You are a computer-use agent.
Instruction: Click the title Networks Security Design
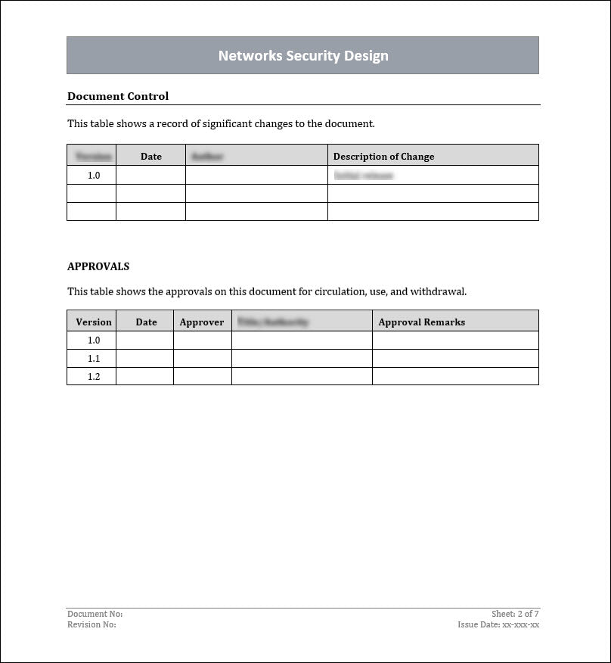tap(303, 56)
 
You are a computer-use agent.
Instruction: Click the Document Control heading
tap(118, 96)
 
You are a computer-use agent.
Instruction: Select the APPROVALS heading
tap(98, 266)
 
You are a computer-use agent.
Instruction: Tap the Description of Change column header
tap(383, 157)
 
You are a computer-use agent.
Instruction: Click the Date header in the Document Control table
tap(151, 157)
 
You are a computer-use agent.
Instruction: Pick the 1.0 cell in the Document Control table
tap(94, 175)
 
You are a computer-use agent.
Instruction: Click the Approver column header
tap(202, 322)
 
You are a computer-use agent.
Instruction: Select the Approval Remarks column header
tap(421, 322)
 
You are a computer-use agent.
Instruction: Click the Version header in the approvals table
tap(94, 322)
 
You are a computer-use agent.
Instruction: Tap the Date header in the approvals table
tap(146, 322)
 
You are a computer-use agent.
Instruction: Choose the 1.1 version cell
tap(94, 358)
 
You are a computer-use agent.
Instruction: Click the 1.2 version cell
tap(94, 376)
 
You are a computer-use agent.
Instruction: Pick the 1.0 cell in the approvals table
tap(94, 340)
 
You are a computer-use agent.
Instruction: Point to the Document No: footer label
tap(95, 614)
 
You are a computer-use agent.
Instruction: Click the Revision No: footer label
tap(91, 624)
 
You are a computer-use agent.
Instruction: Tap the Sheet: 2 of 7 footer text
tap(515, 614)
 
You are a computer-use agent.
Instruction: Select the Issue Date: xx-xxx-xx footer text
tap(498, 624)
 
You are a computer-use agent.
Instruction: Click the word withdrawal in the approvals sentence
tap(438, 291)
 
